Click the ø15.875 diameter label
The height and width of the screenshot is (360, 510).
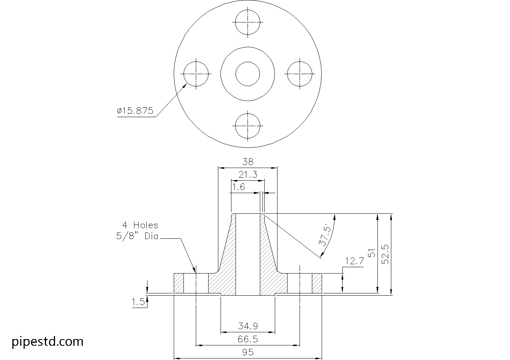tap(135, 111)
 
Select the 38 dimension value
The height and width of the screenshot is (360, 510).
tap(248, 162)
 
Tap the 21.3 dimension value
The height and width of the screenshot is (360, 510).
tap(248, 174)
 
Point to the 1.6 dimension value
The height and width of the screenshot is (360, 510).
tap(239, 187)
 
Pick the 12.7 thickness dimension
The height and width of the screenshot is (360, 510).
tap(354, 261)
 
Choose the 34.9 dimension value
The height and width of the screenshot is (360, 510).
tap(248, 326)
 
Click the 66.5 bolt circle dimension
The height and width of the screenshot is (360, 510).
tap(248, 339)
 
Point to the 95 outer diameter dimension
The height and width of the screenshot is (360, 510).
tap(248, 352)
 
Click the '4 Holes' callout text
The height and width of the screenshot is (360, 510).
tap(140, 225)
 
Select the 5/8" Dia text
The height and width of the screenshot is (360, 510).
tap(137, 237)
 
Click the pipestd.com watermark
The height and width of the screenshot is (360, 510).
tap(48, 342)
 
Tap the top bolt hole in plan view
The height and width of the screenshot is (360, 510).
tap(248, 22)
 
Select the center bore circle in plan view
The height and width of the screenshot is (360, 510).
tap(248, 74)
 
